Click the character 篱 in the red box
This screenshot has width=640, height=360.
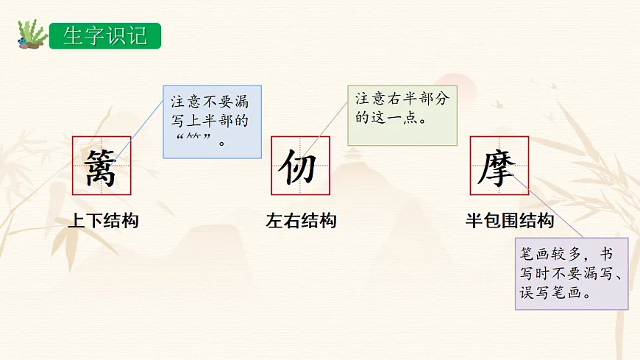tap(101, 166)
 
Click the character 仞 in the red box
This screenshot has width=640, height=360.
tap(300, 166)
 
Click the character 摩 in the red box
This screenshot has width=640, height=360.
tap(499, 166)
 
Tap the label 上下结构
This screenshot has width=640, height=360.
tap(102, 221)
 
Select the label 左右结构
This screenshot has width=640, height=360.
tap(301, 221)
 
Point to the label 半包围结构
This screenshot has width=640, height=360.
tap(509, 221)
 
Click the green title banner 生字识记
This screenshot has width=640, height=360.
tap(104, 35)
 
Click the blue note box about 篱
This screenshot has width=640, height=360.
tap(211, 121)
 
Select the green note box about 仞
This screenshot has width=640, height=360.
tap(402, 114)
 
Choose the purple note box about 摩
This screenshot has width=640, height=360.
tap(572, 273)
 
